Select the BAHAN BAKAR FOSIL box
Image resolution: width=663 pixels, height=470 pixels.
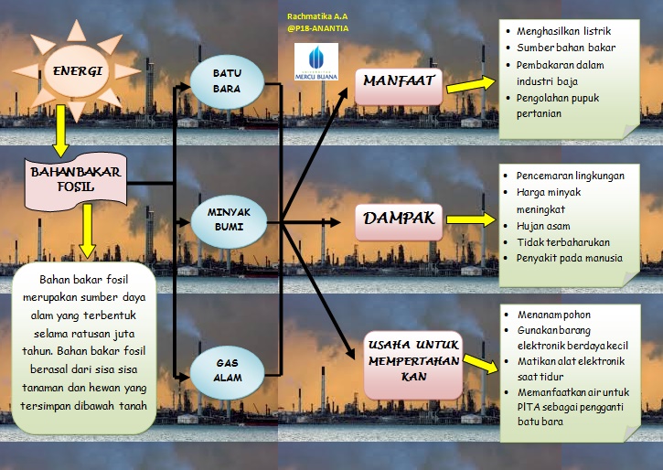pyautogui.click(x=75, y=180)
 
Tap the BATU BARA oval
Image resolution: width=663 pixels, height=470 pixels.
pyautogui.click(x=226, y=80)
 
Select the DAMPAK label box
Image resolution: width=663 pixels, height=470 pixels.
pyautogui.click(x=398, y=219)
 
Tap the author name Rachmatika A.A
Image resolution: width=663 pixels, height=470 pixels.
pyautogui.click(x=317, y=16)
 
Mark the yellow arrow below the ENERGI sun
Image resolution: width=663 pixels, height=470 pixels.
pyautogui.click(x=61, y=128)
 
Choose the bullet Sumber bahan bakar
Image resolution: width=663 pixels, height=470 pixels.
pyautogui.click(x=565, y=48)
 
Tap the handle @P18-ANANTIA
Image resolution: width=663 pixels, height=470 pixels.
pyautogui.click(x=317, y=28)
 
